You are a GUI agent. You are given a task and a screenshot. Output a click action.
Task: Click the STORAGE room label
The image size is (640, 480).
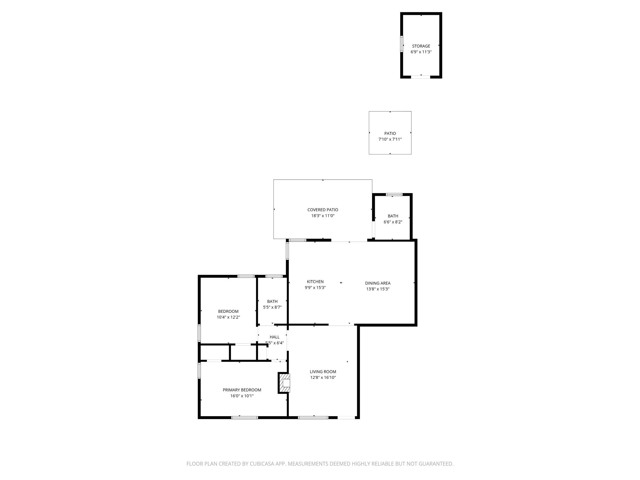click(x=421, y=46)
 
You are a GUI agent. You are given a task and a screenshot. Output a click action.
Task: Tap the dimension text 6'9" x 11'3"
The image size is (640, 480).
click(x=421, y=52)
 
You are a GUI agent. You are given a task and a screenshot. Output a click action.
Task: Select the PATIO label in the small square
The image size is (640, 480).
click(x=390, y=133)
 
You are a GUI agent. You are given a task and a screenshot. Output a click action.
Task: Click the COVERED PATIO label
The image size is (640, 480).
click(x=323, y=210)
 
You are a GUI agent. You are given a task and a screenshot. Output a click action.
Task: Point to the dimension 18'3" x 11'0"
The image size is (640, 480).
click(x=323, y=216)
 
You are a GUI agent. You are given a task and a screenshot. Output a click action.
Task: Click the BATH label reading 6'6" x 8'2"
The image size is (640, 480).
click(x=393, y=216)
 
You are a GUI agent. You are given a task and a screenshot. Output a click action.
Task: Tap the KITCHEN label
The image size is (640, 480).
click(x=315, y=282)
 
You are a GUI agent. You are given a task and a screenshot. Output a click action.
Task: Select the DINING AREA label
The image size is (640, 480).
click(x=378, y=283)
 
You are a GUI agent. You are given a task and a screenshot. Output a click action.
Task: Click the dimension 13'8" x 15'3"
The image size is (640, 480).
click(x=378, y=289)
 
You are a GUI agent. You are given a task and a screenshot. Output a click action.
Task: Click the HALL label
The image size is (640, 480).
click(x=274, y=337)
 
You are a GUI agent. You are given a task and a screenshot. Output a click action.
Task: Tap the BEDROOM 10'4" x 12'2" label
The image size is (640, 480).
click(x=228, y=311)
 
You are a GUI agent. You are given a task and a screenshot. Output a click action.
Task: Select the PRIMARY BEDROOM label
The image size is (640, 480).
click(x=242, y=390)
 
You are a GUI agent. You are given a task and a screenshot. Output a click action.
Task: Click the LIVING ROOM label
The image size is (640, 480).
click(x=323, y=372)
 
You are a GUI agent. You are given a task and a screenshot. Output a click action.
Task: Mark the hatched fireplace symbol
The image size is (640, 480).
click(x=284, y=383)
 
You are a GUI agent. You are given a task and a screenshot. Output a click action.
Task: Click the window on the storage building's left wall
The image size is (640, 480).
click(x=402, y=44)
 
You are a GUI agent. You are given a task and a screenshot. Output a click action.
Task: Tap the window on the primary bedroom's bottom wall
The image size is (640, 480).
click(x=244, y=418)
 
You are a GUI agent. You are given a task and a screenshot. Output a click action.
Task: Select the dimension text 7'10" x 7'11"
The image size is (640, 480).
click(x=390, y=140)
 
